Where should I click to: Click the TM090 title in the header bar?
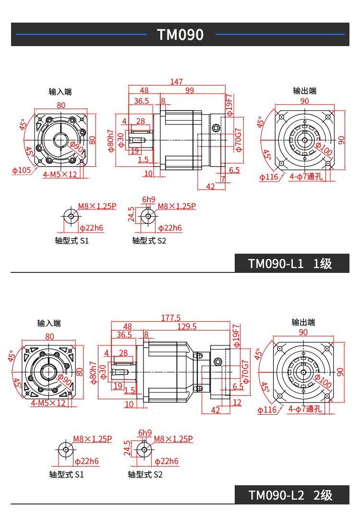click(x=180, y=35)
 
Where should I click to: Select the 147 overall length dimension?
click(x=176, y=82)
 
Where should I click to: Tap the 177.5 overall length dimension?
click(x=171, y=318)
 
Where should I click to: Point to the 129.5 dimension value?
click(x=187, y=327)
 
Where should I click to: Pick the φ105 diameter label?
click(x=21, y=170)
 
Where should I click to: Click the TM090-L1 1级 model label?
click(x=290, y=264)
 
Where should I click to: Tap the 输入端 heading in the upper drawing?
click(x=60, y=91)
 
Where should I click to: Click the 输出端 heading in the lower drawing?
click(x=303, y=322)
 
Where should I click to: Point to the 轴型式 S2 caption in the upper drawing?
click(x=149, y=241)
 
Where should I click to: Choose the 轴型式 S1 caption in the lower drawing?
click(x=66, y=475)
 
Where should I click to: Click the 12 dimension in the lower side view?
click(x=237, y=403)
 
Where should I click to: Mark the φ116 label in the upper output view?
click(x=269, y=177)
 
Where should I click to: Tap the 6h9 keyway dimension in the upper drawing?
click(x=149, y=199)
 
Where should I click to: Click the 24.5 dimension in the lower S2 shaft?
click(x=127, y=448)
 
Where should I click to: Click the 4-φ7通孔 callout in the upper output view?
click(x=306, y=177)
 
